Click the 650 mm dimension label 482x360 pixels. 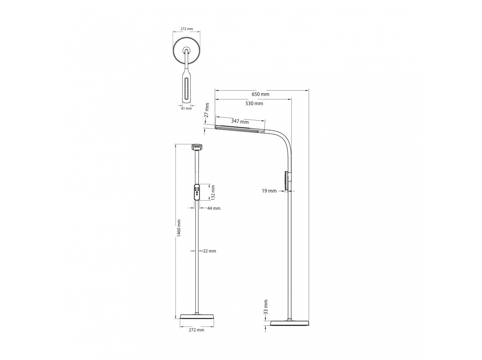click(260, 94)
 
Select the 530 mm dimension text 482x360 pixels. click(254, 103)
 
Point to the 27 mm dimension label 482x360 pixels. click(206, 110)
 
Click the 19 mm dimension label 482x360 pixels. click(269, 191)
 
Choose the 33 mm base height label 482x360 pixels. click(266, 307)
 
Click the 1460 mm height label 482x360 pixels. click(179, 228)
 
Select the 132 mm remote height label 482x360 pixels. click(213, 192)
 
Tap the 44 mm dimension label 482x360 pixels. click(214, 208)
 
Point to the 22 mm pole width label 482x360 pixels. click(209, 251)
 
